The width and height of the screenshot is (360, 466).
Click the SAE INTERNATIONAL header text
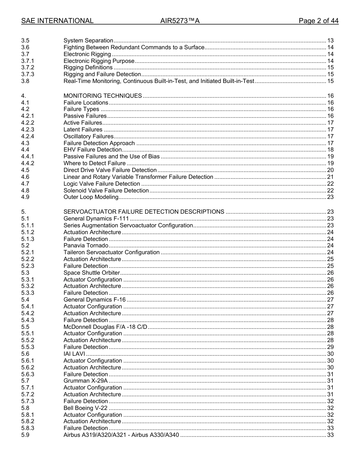click(x=57, y=21)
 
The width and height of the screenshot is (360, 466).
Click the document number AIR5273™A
click(x=180, y=21)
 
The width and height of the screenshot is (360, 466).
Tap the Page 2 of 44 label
click(x=318, y=21)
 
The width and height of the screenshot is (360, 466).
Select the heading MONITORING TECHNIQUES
click(x=103, y=96)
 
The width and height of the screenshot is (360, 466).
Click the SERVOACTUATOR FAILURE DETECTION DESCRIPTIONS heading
click(x=144, y=212)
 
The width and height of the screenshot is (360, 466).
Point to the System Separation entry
click(x=88, y=41)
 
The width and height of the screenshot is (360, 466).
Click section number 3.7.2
click(x=28, y=67)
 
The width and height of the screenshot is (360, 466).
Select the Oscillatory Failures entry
click(x=88, y=136)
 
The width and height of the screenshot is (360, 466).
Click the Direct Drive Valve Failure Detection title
click(x=110, y=170)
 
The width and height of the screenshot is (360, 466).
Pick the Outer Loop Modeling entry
click(x=91, y=197)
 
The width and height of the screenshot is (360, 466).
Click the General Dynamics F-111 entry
click(x=96, y=219)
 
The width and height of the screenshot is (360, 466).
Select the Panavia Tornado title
click(x=86, y=246)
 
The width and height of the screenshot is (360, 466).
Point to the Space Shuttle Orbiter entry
click(x=92, y=273)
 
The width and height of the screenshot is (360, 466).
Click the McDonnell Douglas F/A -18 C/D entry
click(x=105, y=327)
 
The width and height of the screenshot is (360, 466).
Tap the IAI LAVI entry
click(x=74, y=354)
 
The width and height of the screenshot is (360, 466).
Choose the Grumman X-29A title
click(x=86, y=381)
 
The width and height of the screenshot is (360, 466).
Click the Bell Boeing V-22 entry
click(x=85, y=408)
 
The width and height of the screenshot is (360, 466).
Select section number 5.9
click(x=25, y=435)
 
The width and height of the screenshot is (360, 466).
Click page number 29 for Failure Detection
click(x=330, y=347)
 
